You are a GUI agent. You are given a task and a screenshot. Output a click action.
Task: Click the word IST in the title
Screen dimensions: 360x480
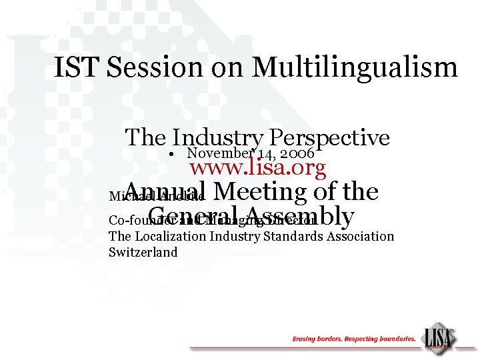[x=75, y=68]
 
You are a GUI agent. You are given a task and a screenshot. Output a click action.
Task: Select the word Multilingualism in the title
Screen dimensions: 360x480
[x=355, y=68]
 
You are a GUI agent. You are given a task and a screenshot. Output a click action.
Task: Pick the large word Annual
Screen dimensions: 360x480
[x=167, y=192]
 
